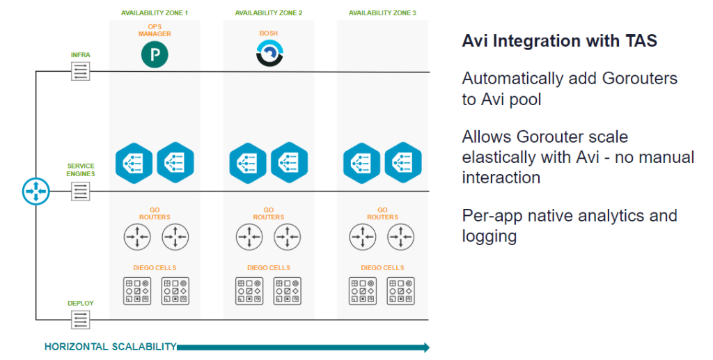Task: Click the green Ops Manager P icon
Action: click(155, 55)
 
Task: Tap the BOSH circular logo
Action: click(268, 54)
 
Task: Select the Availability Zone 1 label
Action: click(155, 13)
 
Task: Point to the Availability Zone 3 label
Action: click(382, 13)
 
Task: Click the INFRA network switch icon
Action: click(81, 71)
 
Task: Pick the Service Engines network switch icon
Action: click(81, 191)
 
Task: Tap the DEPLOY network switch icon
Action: click(81, 320)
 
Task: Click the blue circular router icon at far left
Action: click(36, 191)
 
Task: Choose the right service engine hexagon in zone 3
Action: click(402, 162)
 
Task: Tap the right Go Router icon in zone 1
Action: click(175, 237)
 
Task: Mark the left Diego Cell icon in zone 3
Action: click(362, 290)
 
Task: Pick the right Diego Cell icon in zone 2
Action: click(287, 290)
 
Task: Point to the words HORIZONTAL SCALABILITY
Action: click(110, 347)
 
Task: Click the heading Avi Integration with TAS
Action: click(559, 41)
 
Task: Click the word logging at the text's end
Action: click(489, 236)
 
